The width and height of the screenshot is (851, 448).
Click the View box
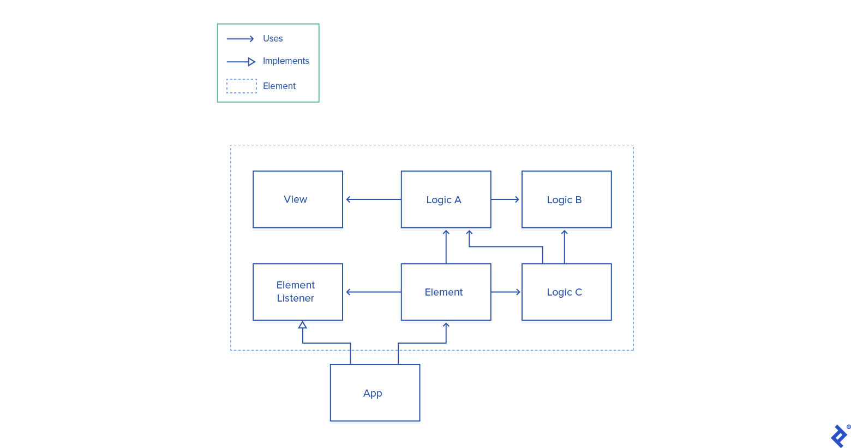tap(298, 199)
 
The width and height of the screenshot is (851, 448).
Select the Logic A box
tap(446, 199)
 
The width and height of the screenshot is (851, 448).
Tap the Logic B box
tap(566, 199)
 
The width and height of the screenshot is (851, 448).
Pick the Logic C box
tap(566, 292)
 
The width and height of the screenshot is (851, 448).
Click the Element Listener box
tap(298, 292)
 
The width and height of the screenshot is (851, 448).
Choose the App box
tap(375, 393)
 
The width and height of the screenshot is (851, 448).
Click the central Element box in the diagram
tap(446, 292)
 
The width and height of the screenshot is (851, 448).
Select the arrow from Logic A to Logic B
tap(505, 199)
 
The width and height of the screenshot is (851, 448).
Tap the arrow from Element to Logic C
tap(506, 292)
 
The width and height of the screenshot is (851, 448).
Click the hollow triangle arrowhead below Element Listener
tap(303, 325)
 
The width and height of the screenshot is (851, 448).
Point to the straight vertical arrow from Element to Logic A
tap(446, 247)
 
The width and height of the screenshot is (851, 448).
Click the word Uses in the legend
tap(273, 39)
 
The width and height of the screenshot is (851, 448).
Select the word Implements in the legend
tap(286, 61)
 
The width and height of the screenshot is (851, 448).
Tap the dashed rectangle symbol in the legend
tap(242, 86)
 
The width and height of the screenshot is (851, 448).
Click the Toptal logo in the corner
tap(839, 435)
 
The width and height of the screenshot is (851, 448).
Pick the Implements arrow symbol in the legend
tap(241, 62)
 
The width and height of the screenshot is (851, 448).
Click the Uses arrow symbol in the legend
tap(241, 39)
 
